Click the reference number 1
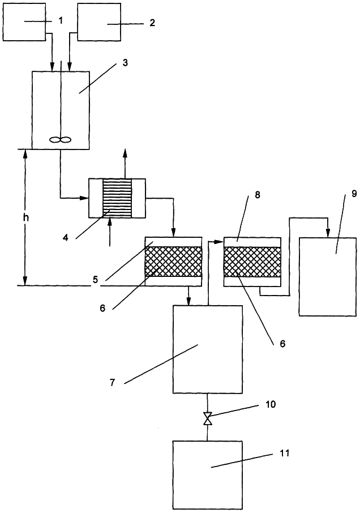(61, 20)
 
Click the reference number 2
(152, 23)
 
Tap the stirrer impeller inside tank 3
(61, 140)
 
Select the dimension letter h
(26, 217)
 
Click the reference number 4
(66, 237)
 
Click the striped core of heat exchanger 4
(117, 198)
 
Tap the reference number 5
(95, 280)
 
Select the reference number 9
(354, 193)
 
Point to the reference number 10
(271, 404)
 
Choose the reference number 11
(285, 453)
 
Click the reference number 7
(113, 382)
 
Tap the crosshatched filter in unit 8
(252, 262)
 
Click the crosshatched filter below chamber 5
(173, 262)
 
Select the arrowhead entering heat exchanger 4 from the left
(85, 198)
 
